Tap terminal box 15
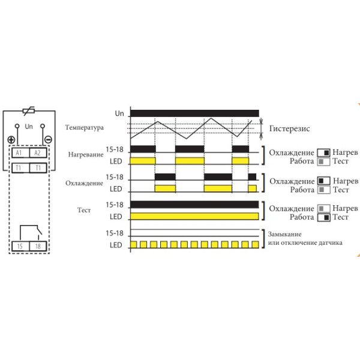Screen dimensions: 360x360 coord(20,246)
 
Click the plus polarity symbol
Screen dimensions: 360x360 coord(11,140)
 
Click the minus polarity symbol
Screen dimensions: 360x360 coord(48,140)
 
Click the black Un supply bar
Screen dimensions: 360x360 coord(194,113)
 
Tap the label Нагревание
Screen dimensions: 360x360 coord(86,155)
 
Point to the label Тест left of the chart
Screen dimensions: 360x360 coord(86,211)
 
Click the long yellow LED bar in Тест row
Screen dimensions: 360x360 coord(194,217)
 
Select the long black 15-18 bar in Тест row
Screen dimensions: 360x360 coord(194,205)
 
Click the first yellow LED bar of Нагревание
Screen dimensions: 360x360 coord(143,161)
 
